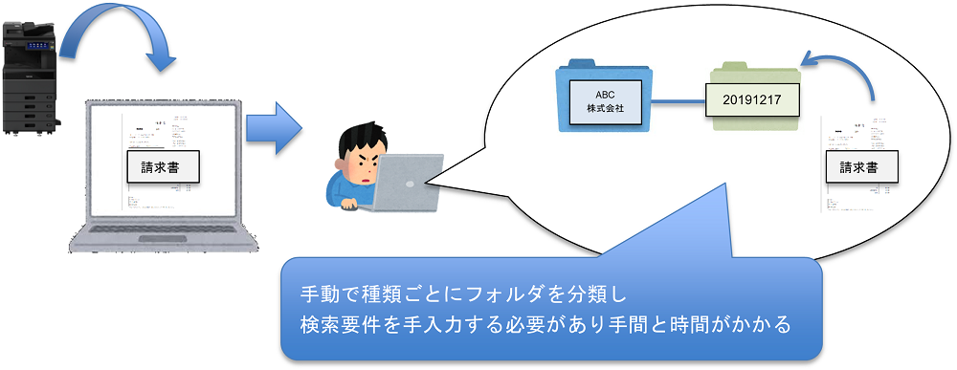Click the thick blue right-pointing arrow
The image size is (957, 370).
(x=274, y=129)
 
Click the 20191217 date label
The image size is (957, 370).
(x=752, y=99)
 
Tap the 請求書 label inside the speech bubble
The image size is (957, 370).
(x=863, y=168)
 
